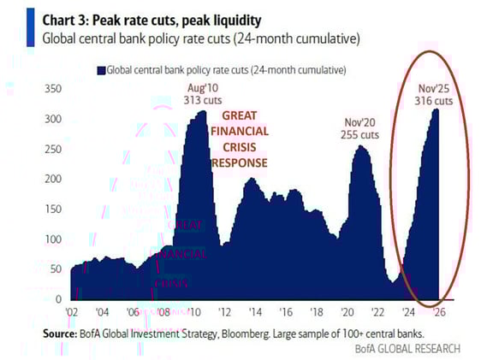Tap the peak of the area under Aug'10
pos(202,111)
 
